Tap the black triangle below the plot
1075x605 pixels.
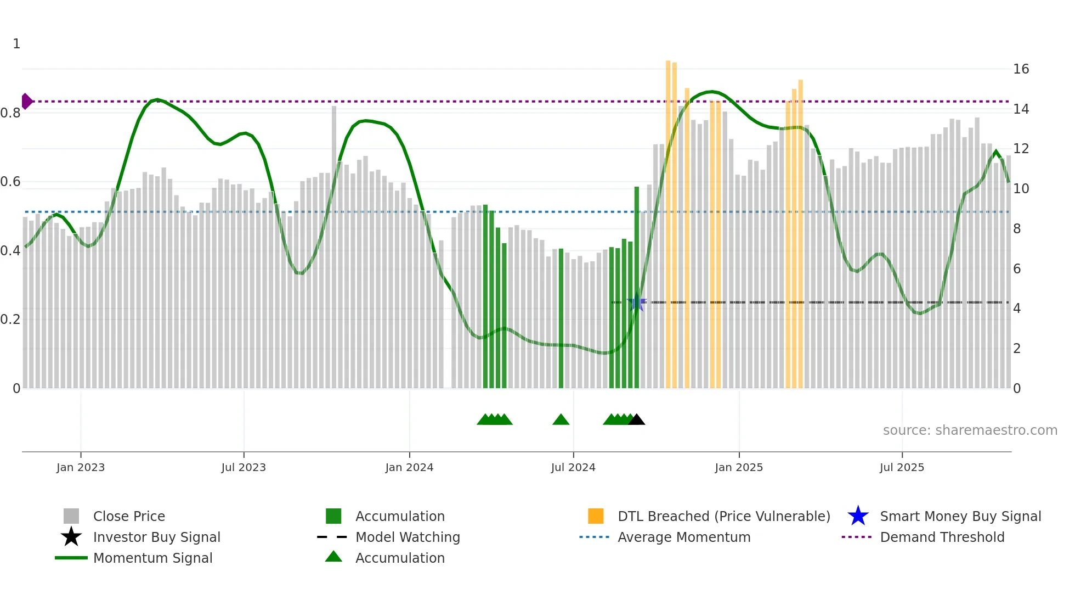[636, 420]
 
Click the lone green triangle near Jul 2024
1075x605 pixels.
[561, 420]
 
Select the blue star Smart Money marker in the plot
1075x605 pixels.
[637, 302]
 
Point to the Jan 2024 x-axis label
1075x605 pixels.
[409, 467]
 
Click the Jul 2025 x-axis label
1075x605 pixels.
[902, 467]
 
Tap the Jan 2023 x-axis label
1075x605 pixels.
[81, 467]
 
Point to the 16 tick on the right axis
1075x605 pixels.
[1021, 69]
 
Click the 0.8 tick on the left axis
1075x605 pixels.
[10, 113]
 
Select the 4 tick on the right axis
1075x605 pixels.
[1017, 309]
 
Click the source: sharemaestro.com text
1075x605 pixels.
[970, 430]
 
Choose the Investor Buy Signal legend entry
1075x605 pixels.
[156, 537]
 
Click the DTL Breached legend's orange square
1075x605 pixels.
[596, 516]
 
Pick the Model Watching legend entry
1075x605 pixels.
[408, 537]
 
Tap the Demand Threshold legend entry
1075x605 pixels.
[942, 537]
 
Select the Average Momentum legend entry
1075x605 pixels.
[684, 537]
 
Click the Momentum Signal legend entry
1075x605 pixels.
[152, 558]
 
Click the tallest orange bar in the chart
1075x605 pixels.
[668, 225]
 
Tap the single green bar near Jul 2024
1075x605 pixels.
[561, 318]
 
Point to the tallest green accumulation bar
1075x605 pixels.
[637, 288]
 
